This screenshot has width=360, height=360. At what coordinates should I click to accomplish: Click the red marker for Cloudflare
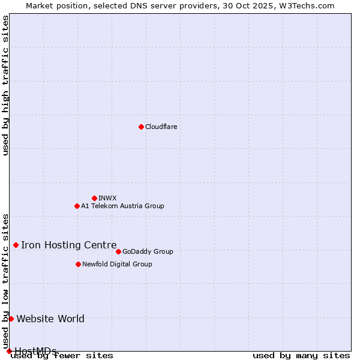(x=141, y=127)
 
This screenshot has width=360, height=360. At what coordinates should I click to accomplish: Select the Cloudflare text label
(x=161, y=127)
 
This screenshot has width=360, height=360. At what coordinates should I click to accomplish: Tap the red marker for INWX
(x=94, y=198)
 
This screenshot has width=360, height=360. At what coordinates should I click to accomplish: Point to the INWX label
(x=107, y=199)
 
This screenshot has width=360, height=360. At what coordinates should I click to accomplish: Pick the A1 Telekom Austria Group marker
(x=77, y=206)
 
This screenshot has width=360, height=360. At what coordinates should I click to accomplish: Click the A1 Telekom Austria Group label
(x=122, y=206)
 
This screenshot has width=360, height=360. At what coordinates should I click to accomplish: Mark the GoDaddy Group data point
(x=118, y=251)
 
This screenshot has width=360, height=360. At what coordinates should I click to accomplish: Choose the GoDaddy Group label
(x=148, y=252)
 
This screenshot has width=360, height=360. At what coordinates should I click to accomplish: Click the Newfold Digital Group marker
(x=78, y=264)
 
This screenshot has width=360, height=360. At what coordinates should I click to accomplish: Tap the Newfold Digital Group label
(x=117, y=265)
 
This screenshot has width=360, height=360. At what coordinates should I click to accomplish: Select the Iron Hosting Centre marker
(x=16, y=245)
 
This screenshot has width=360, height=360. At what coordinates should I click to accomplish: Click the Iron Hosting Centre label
(x=69, y=245)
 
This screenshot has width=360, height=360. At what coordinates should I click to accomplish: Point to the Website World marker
(x=11, y=319)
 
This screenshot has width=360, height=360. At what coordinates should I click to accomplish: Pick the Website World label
(x=50, y=319)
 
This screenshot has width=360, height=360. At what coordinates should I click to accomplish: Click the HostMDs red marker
(x=9, y=351)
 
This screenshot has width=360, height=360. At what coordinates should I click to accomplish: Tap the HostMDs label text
(x=35, y=351)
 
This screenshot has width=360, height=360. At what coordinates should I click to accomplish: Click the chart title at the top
(x=180, y=5)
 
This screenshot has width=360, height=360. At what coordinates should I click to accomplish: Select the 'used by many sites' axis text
(x=301, y=356)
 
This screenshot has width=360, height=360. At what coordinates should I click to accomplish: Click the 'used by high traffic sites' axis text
(x=6, y=85)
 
